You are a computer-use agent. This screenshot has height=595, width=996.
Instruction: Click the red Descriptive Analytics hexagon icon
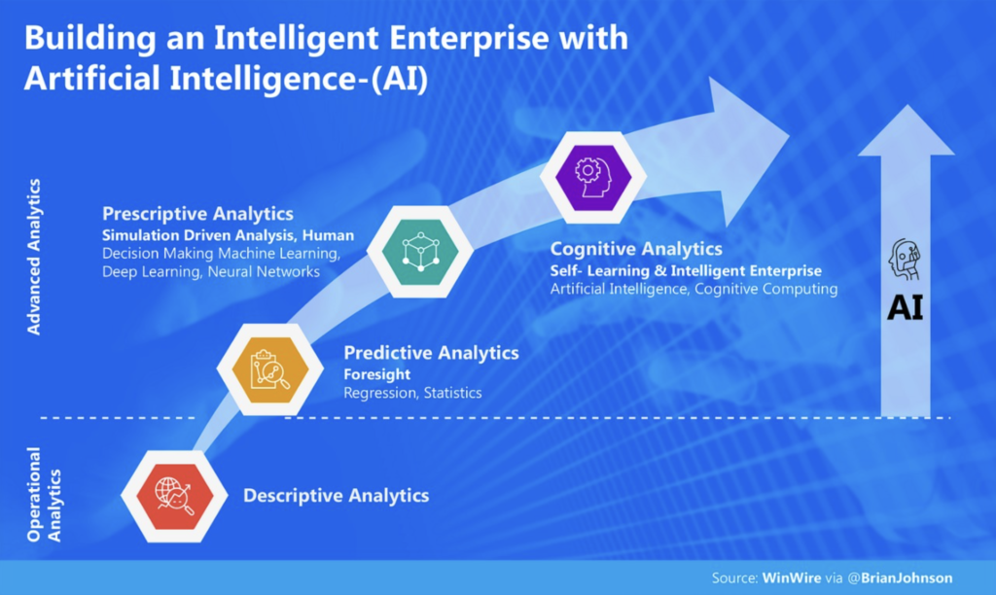[x=175, y=496]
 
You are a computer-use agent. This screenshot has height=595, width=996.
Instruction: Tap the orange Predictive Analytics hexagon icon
[x=270, y=368]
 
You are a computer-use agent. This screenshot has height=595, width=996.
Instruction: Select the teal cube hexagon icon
[x=420, y=252]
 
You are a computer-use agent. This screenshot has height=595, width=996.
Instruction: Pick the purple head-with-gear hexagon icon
[x=593, y=177]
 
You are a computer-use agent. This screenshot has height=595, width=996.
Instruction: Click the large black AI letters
[x=906, y=308]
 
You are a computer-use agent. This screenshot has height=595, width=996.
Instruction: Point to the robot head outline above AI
[x=905, y=260]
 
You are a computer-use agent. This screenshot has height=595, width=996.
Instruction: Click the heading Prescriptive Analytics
[x=197, y=214]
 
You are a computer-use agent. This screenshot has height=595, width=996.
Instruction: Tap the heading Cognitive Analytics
[x=636, y=249]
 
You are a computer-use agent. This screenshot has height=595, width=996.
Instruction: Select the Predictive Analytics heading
[x=431, y=352]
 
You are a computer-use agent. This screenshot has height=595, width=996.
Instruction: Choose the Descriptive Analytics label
[x=336, y=495]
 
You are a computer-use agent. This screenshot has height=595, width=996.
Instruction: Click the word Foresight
[x=376, y=374]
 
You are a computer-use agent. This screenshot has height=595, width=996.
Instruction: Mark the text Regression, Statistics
[x=412, y=393]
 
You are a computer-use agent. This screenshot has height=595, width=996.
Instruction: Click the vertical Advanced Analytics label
[x=34, y=257]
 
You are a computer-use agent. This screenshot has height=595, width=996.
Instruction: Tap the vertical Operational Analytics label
[x=44, y=495]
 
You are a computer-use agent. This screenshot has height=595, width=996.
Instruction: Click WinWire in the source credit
[x=792, y=577]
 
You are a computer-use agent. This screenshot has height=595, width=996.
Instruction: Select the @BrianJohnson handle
[x=900, y=577]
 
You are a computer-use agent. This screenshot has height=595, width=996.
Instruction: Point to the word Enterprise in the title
[x=469, y=38]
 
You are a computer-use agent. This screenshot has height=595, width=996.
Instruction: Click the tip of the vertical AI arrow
[x=907, y=105]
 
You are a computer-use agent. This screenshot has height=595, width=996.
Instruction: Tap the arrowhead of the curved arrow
[x=789, y=134]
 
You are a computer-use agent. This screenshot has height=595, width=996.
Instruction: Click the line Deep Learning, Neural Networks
[x=211, y=272]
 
